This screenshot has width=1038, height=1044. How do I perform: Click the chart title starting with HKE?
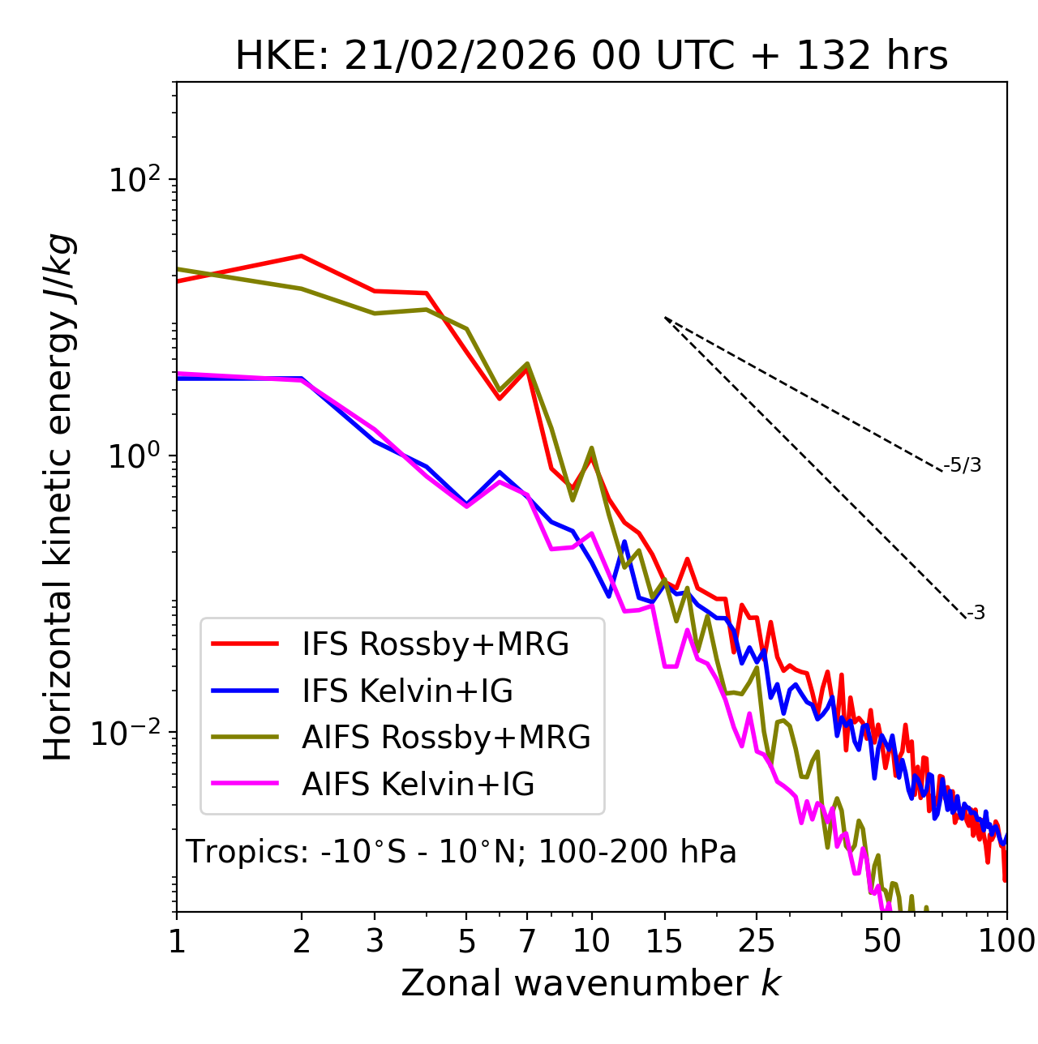coord(591,57)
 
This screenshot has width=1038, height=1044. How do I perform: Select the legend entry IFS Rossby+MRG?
coord(435,644)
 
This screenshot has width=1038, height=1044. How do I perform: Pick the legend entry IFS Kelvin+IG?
coord(407,691)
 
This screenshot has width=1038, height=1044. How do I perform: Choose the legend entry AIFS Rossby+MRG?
coord(446,738)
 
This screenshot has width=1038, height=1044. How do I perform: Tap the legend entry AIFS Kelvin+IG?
coord(418,785)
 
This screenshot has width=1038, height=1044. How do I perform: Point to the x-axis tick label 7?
coord(527,941)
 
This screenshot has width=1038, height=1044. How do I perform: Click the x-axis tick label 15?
coord(665,941)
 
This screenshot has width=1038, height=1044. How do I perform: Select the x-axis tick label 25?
coord(757,941)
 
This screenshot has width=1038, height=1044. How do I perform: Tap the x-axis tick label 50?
coord(882,941)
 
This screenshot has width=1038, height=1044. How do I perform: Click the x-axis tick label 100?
coord(1006,941)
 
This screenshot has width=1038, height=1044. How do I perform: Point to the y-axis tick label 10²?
coord(134,181)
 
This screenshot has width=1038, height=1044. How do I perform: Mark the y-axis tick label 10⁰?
coord(134,457)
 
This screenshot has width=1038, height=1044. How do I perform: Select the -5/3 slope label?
coord(963,465)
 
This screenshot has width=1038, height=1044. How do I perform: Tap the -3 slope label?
coord(976,614)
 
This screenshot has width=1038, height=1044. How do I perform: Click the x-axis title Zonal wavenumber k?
coord(591,983)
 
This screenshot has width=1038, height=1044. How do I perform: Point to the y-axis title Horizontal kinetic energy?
coord(58,497)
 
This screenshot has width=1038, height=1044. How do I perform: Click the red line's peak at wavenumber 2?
coord(302,256)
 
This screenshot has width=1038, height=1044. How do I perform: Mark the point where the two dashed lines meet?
coord(665,318)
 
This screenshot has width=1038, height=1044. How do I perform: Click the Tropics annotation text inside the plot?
coord(461,852)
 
